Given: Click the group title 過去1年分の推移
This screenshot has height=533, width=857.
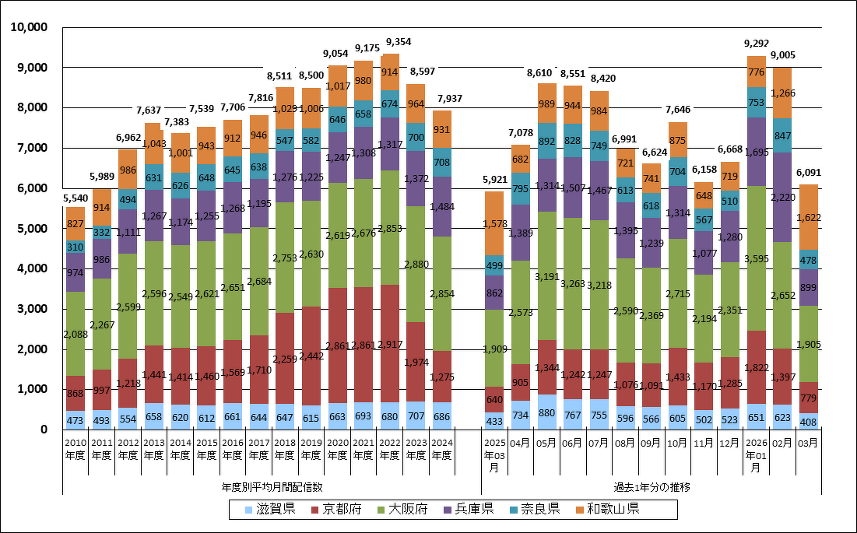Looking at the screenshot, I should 652,487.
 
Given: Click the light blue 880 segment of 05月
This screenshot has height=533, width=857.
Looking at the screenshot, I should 547,412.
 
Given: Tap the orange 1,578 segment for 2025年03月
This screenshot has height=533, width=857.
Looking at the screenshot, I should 494,223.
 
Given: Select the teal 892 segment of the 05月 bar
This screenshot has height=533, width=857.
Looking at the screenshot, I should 547,141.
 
